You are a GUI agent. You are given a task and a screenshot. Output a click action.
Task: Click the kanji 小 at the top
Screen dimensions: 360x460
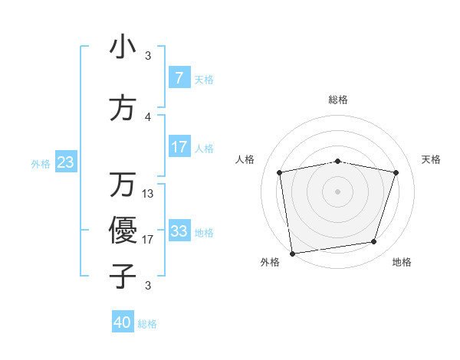[123, 47]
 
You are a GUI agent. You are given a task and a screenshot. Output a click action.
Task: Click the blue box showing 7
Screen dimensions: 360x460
[179, 78]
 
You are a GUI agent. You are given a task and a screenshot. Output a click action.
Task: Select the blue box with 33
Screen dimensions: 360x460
[179, 231]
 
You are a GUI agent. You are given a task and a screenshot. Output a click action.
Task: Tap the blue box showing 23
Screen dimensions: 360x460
[66, 162]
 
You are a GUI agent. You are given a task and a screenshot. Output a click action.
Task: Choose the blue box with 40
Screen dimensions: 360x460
[123, 322]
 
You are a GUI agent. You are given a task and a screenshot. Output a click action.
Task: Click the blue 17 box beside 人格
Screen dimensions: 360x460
[179, 147]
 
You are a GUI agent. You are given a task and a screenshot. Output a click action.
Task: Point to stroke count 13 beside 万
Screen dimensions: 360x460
[148, 194]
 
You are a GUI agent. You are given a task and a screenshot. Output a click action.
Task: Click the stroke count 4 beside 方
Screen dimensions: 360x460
[148, 117]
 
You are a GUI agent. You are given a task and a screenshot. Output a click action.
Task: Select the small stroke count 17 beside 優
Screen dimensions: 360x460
[148, 240]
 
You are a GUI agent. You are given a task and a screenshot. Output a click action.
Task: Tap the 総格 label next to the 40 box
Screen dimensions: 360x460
[147, 324]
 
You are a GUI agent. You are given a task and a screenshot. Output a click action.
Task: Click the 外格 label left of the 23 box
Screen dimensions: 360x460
[41, 163]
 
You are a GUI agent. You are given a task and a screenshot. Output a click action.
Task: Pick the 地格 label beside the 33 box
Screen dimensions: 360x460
[204, 232]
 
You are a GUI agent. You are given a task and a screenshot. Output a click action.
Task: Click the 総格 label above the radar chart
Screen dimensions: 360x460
[338, 100]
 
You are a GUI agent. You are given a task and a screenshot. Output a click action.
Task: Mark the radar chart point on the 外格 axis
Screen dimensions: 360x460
[292, 252]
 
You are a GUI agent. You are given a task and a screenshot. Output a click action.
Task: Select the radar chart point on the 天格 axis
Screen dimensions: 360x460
[396, 172]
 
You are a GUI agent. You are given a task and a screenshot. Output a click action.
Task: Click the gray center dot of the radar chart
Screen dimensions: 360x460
[338, 191]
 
